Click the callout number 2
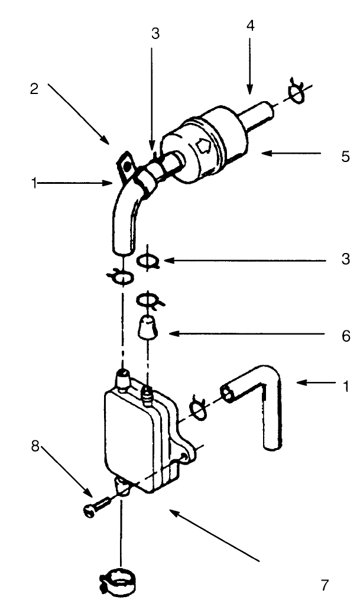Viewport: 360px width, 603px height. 34,89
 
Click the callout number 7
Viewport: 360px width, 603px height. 325,585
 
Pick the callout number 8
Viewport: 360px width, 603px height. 35,448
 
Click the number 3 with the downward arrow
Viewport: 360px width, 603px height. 155,34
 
